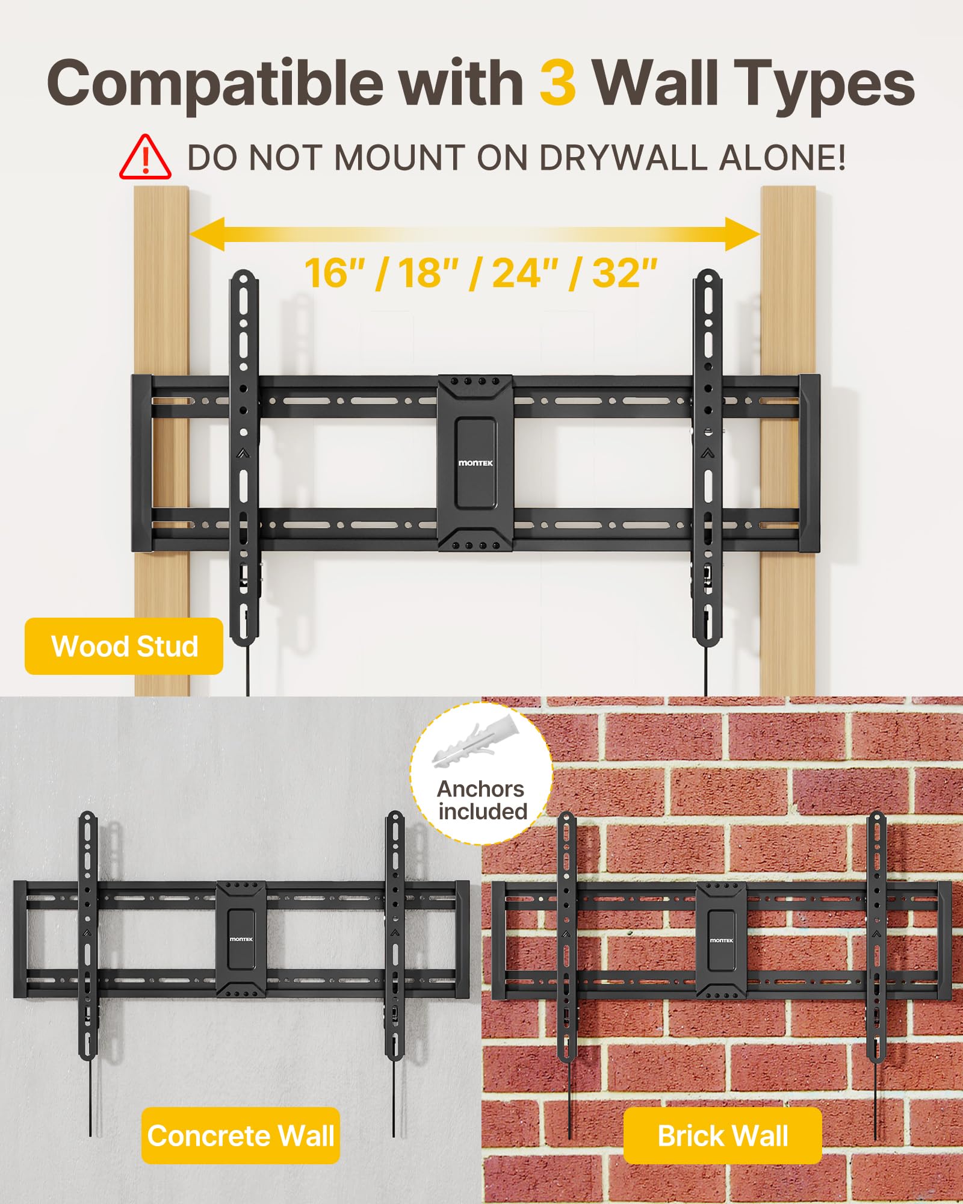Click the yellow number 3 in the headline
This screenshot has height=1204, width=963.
pyautogui.click(x=557, y=83)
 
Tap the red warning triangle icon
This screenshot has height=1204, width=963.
pyautogui.click(x=145, y=158)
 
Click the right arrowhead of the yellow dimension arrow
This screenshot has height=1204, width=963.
pyautogui.click(x=744, y=234)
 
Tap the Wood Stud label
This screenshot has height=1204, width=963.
pyautogui.click(x=124, y=647)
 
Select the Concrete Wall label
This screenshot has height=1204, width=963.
pyautogui.click(x=241, y=1136)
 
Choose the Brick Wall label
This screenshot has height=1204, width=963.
pyautogui.click(x=723, y=1136)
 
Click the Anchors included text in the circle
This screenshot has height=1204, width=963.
pyautogui.click(x=482, y=800)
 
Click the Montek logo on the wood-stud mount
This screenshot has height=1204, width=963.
pyautogui.click(x=475, y=463)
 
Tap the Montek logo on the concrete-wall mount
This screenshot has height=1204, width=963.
pyautogui.click(x=241, y=939)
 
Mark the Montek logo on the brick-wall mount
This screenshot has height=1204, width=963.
pyautogui.click(x=721, y=940)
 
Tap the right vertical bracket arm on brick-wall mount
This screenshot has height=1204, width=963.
pyautogui.click(x=876, y=939)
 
